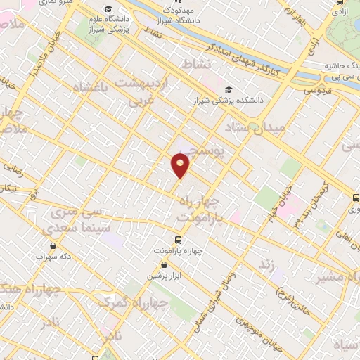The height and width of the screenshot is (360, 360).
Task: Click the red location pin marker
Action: point(181,165)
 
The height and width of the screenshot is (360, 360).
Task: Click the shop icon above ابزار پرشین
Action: point(164,265)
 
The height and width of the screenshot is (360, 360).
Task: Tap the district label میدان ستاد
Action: point(254,129)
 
